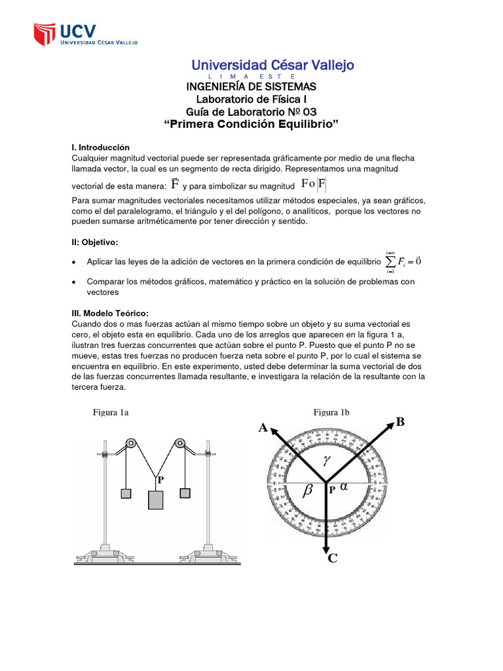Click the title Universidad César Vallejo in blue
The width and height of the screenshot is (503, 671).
[x=272, y=65]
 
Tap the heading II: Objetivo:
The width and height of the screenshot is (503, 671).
[x=94, y=242]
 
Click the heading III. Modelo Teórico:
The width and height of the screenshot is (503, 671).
[x=110, y=313]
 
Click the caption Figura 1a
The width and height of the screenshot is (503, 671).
[x=111, y=412]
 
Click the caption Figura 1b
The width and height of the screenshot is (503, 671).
[x=331, y=412]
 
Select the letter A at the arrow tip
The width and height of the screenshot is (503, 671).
[x=263, y=428]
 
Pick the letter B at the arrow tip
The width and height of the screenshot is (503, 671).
[x=400, y=422]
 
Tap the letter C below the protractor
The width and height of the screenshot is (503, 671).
[x=332, y=558]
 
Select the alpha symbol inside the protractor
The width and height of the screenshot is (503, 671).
[x=345, y=487]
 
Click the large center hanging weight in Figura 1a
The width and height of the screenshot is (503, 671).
[x=155, y=499]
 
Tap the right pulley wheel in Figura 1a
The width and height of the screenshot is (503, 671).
[x=178, y=444]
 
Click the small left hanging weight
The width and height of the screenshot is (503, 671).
[x=126, y=493]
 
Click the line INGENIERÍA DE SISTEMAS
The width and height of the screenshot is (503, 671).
[x=251, y=86]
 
